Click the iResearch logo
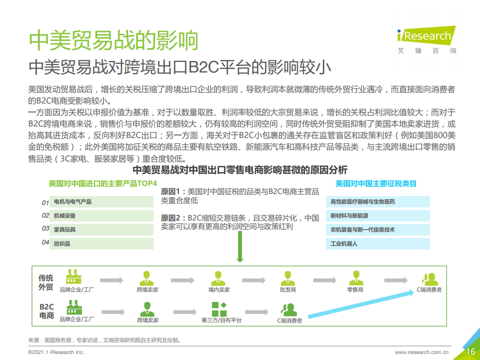click(x=426, y=40)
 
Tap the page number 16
click(x=470, y=351)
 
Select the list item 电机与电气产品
click(x=101, y=201)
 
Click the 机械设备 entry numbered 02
click(x=101, y=215)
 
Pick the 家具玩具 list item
click(x=101, y=229)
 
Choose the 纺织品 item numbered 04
click(x=101, y=243)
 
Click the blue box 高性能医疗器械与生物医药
click(x=378, y=201)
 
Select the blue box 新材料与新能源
click(x=378, y=215)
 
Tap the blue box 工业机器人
click(x=378, y=243)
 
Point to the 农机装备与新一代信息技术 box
click(x=378, y=229)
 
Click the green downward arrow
click(x=240, y=246)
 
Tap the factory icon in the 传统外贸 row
click(x=73, y=276)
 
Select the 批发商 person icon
click(x=288, y=278)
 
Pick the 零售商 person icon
click(x=356, y=278)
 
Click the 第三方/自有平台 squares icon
click(x=219, y=309)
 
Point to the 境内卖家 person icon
click(x=218, y=278)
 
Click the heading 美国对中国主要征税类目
click(x=376, y=183)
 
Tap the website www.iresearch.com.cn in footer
click(x=421, y=352)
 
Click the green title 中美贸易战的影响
click(x=113, y=40)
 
